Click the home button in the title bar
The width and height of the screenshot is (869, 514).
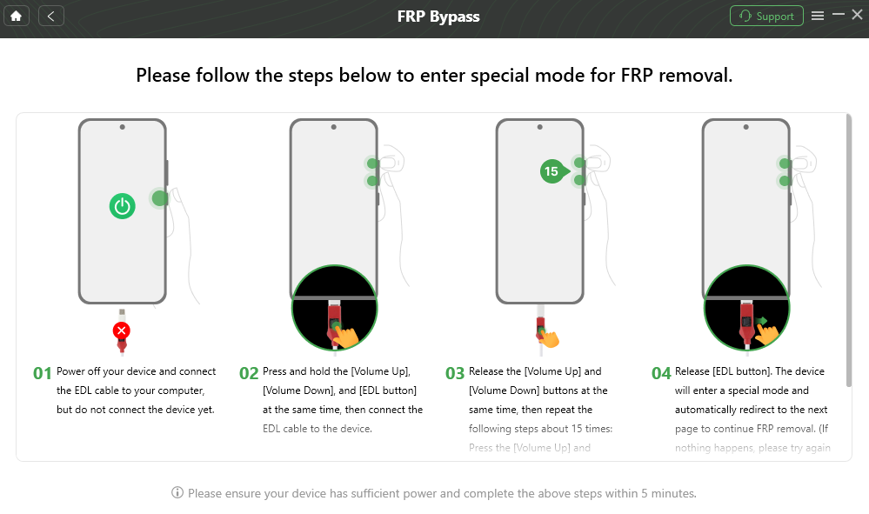[16, 16]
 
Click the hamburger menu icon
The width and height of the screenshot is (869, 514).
[817, 16]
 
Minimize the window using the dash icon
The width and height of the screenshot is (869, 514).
[838, 15]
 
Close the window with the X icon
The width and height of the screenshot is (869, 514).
[857, 15]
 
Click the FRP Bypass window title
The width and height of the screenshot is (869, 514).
[438, 16]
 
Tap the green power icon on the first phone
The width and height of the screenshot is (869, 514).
[123, 206]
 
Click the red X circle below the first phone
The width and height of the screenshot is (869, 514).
[122, 330]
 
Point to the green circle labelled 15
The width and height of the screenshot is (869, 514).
[551, 171]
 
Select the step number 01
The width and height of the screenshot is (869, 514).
[43, 373]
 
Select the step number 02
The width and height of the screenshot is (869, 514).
[249, 373]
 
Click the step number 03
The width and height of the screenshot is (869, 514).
[455, 373]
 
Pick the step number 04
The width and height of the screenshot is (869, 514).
[661, 373]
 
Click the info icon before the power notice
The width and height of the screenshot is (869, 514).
[177, 493]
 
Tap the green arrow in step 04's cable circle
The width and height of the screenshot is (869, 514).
[762, 322]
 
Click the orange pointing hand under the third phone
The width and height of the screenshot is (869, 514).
[550, 337]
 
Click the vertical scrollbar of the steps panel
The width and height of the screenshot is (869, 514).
[848, 252]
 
